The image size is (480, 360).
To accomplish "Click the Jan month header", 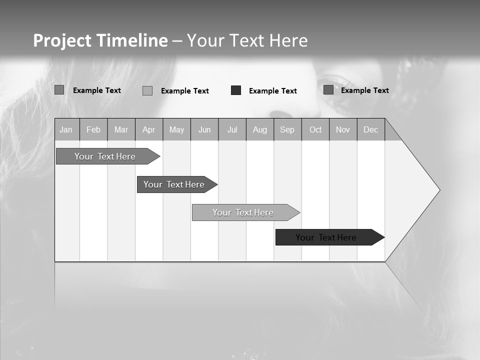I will pos(66,129).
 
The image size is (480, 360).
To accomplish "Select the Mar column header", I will pos(121,129).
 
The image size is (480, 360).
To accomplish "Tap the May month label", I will pos(176,129).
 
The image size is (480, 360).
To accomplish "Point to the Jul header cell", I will pos(232,129).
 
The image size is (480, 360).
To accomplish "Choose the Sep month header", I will pos(287,129).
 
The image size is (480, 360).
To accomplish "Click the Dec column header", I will pos(370,129).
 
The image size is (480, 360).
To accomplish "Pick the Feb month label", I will pos(93,129).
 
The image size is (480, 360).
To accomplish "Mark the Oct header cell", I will pos(315,129).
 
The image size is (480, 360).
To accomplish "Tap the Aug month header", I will pos(259,129).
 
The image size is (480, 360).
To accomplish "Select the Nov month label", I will pos(343,129).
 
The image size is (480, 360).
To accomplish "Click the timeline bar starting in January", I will pos(105,156).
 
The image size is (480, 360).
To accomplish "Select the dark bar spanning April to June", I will pos(174,184).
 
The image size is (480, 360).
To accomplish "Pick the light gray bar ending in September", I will pos(243,212).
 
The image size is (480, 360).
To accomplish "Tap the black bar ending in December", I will pos(326,237).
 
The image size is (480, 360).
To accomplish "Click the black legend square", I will pos(236,90).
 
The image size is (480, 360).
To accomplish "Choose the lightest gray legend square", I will pos(147,90).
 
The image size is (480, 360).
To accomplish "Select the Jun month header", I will pos(204,129).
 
